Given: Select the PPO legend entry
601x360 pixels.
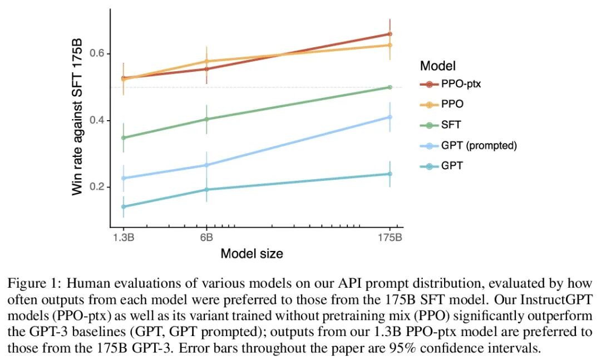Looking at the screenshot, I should tap(452, 105).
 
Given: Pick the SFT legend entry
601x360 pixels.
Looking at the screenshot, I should tap(451, 125).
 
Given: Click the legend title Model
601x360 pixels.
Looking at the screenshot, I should tap(438, 66).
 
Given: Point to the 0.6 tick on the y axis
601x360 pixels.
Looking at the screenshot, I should tap(98, 53).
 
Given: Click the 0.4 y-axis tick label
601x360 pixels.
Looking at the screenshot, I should tap(98, 120).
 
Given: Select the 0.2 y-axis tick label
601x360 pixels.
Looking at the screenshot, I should tap(98, 187).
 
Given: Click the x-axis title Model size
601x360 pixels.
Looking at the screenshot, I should tap(252, 254).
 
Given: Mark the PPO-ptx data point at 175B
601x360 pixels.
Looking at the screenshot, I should tap(390, 34).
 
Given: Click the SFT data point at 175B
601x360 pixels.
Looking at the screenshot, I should tap(390, 87).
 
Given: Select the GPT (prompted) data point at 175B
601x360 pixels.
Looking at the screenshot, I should tap(390, 117).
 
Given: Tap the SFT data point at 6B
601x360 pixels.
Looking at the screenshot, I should tap(206, 119).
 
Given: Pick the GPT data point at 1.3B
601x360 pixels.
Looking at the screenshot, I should tap(123, 207).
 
